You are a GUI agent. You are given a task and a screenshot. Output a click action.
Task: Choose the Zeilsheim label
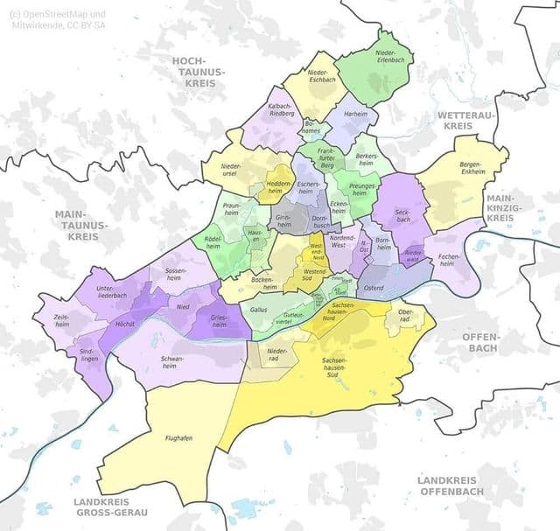point(62,321)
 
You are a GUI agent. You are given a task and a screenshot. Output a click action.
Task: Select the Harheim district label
point(355,115)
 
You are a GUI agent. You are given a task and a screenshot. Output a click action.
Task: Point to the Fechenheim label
point(449,259)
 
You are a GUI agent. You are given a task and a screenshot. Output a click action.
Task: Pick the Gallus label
point(259,309)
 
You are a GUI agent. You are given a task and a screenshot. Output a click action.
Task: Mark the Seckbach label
point(402,215)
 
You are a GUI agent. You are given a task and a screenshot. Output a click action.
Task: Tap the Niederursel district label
point(229,169)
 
